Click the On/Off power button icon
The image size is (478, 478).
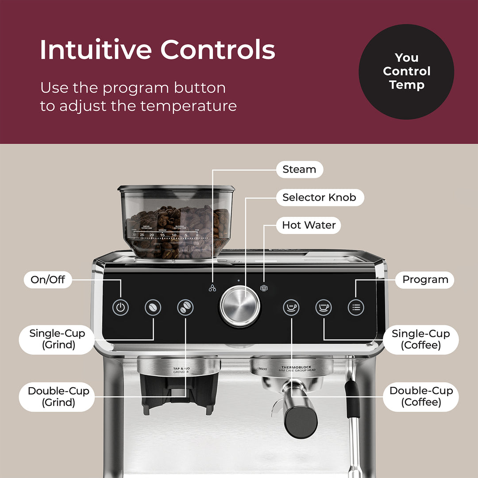[120, 307]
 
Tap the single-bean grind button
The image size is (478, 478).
[153, 307]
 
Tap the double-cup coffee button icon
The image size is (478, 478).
[291, 307]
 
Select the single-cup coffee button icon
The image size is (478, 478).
[324, 307]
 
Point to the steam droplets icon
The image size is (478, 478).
[213, 288]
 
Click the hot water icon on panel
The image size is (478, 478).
[264, 288]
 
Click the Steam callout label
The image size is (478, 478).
[299, 170]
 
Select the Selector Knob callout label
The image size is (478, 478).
[319, 197]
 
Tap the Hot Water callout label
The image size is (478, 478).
[308, 225]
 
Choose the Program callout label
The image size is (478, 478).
[424, 280]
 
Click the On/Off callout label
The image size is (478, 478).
[47, 280]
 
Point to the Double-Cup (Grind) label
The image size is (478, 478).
[58, 397]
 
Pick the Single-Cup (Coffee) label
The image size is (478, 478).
[420, 339]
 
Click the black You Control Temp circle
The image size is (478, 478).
[406, 71]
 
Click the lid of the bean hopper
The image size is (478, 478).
[176, 189]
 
